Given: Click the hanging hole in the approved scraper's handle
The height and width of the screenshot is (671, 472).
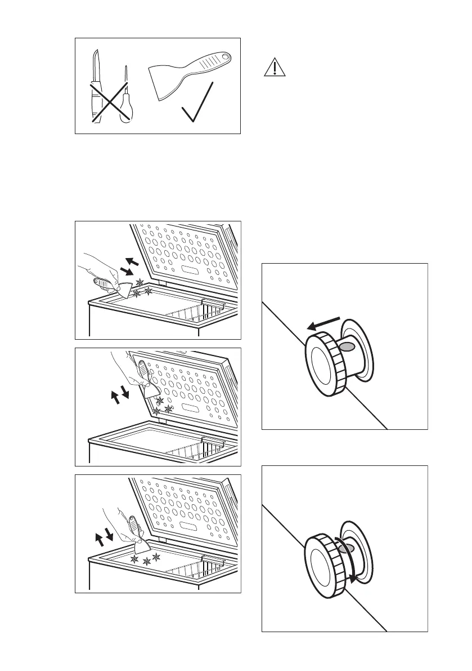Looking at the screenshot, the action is (225, 57).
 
